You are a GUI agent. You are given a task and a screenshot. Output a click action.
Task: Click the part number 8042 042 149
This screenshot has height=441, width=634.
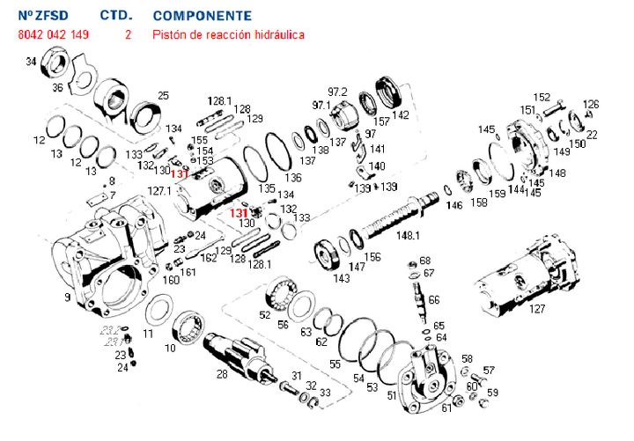pyautogui.click(x=53, y=35)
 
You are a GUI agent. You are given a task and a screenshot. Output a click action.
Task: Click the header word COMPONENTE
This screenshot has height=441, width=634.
pyautogui.click(x=202, y=16)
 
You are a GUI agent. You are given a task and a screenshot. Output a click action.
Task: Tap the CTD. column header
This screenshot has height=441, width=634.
pyautogui.click(x=116, y=16)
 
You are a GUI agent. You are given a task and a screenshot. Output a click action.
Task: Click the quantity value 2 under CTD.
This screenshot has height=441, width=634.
pyautogui.click(x=129, y=35)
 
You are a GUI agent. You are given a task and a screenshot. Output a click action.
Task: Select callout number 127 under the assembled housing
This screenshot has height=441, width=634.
pyautogui.click(x=537, y=309)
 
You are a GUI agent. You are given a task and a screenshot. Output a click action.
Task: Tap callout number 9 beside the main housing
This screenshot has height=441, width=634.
pyautogui.click(x=68, y=298)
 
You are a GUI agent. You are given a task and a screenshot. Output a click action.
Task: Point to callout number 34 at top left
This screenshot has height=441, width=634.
pyautogui.click(x=31, y=62)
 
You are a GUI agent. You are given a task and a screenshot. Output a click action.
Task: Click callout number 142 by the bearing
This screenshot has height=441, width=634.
pyautogui.click(x=401, y=115)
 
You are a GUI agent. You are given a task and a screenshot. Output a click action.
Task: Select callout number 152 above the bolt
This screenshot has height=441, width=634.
pyautogui.click(x=542, y=97)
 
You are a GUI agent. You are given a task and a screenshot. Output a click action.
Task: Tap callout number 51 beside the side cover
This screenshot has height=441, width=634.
pyautogui.click(x=392, y=395)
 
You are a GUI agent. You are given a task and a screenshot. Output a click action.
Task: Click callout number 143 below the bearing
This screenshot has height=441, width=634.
pyautogui.click(x=342, y=278)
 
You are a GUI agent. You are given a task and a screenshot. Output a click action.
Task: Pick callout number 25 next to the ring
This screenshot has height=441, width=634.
pyautogui.click(x=163, y=95)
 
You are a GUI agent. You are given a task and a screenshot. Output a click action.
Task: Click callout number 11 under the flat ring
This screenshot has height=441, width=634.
pyautogui.click(x=148, y=334)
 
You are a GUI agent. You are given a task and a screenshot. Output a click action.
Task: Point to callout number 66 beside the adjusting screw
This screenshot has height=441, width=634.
pyautogui.click(x=434, y=300)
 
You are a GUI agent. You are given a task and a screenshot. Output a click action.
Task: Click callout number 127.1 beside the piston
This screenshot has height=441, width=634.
pyautogui.click(x=159, y=190)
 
